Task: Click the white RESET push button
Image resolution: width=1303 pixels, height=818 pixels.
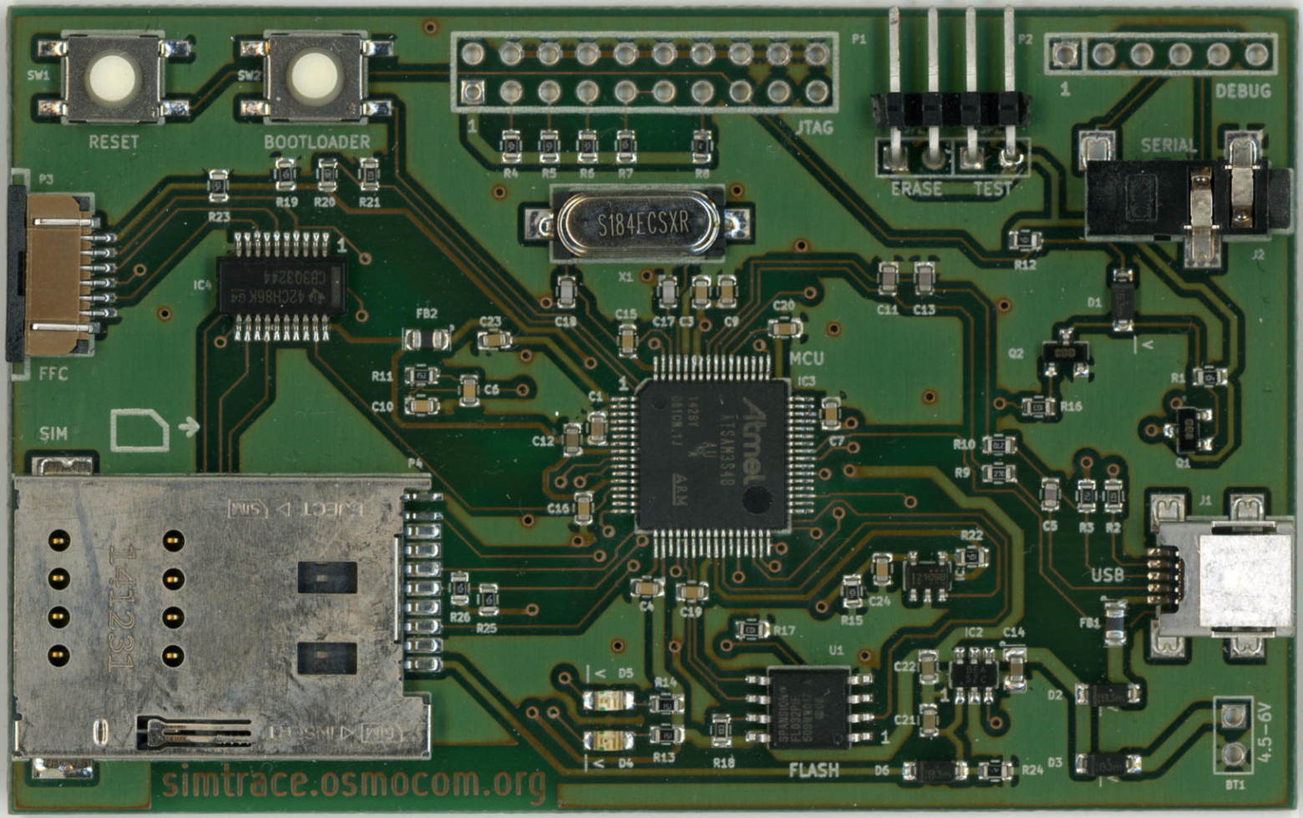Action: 114,78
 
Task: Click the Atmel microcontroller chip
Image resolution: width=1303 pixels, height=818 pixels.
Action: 712,455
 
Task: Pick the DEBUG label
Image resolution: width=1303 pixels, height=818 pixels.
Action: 1242,91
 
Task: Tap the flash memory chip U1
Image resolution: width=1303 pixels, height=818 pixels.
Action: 809,707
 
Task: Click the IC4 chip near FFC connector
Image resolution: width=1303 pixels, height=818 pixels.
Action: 282,286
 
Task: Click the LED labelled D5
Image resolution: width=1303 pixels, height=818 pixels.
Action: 609,699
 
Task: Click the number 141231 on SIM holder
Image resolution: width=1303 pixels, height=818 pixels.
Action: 123,607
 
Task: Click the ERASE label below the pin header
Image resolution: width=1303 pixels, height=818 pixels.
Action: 915,189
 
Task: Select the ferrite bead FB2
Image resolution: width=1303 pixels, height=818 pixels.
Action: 427,339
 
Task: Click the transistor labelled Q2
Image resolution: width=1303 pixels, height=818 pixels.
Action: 1064,354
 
